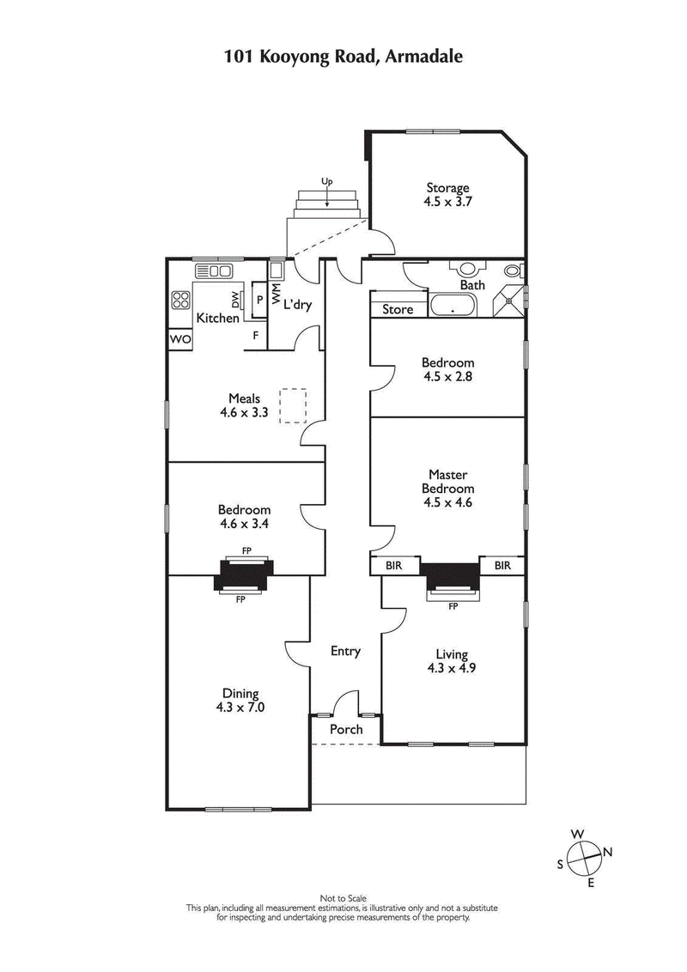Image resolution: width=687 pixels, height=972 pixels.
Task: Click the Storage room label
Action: tap(448, 188)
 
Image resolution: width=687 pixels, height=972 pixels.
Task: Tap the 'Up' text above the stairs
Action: tap(326, 181)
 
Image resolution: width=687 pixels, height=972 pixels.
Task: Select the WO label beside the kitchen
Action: tap(180, 340)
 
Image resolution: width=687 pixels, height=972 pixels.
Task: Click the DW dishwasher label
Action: tap(234, 300)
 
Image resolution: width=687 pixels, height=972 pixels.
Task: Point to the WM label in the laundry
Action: tap(276, 297)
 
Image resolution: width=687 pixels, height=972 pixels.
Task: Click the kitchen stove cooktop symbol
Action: tap(181, 301)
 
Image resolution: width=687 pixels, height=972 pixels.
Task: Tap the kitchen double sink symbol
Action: tap(214, 271)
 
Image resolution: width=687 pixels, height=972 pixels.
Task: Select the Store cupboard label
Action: tap(398, 309)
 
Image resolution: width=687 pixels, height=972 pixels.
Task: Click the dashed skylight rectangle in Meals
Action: tap(294, 405)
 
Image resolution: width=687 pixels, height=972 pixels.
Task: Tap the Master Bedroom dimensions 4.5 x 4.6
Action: tap(448, 503)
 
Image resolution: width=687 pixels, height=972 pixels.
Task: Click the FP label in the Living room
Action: tap(453, 606)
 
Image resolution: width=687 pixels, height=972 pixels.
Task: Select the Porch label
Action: tap(346, 730)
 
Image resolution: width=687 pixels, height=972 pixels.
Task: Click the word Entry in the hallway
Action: tap(345, 652)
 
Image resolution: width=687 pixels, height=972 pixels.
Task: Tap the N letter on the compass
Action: tap(607, 852)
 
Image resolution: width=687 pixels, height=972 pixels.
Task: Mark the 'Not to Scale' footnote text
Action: tap(343, 899)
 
